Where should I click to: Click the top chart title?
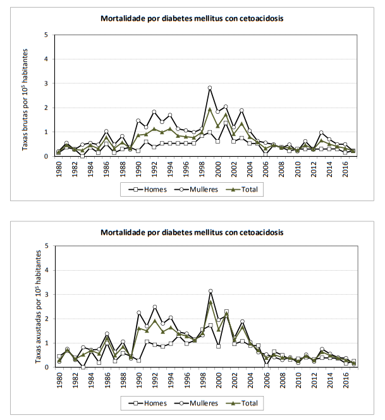point(192,18)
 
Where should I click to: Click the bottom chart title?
point(192,232)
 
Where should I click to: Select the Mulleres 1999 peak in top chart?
point(210,88)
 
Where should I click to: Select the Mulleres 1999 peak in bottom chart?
point(210,291)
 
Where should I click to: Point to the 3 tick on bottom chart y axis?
point(46,295)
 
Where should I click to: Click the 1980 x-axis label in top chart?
point(59,168)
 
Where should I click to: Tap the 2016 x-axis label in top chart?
point(345,168)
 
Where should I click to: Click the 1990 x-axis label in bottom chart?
point(138,379)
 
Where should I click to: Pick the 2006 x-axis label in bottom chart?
point(266,379)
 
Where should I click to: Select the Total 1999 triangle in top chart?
point(210,109)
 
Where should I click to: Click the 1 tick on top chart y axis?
point(46,132)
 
